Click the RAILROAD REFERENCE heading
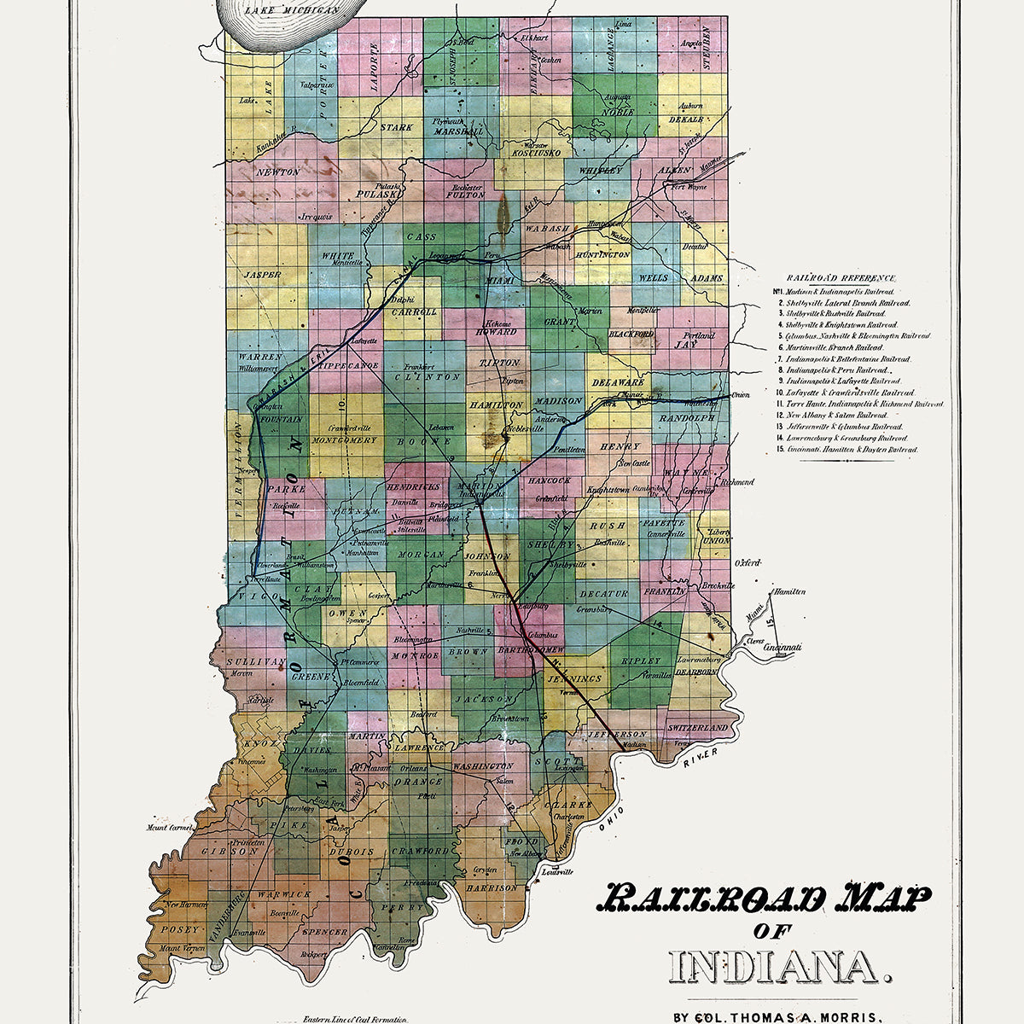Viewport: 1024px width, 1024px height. [x=841, y=278]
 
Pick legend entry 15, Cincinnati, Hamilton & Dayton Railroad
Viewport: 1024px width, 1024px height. [x=851, y=449]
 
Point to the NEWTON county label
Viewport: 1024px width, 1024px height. [x=277, y=172]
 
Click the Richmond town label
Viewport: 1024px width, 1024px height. [x=737, y=482]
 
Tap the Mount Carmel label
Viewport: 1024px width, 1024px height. [x=166, y=827]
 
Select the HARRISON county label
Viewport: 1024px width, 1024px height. [x=491, y=887]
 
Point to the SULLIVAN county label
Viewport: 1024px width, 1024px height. [x=253, y=661]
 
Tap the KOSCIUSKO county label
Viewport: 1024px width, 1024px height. [x=534, y=153]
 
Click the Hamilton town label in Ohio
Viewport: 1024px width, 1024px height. [x=788, y=591]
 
